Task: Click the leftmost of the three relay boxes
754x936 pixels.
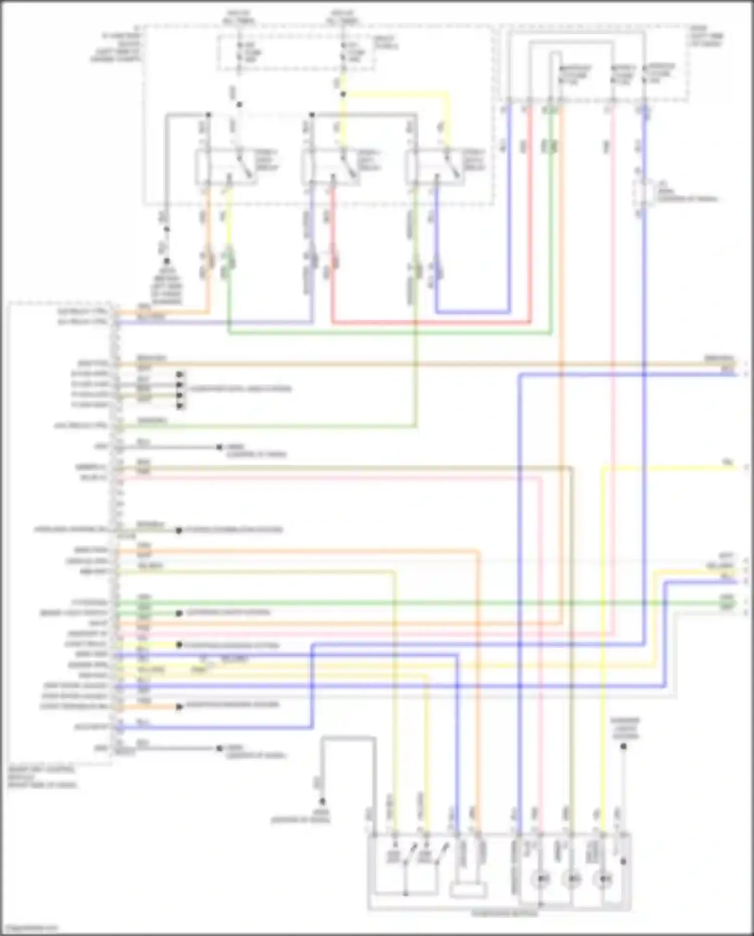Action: [226, 167]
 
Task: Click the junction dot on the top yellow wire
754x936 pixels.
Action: [343, 94]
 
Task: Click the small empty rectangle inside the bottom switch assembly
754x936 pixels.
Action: [468, 890]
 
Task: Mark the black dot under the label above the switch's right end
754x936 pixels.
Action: [623, 746]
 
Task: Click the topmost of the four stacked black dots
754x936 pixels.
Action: [179, 375]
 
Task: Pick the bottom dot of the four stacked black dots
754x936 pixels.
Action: [179, 405]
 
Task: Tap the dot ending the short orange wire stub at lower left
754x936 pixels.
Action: [179, 707]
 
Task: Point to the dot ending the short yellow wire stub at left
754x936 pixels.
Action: [179, 645]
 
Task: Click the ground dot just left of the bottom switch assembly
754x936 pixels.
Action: [322, 802]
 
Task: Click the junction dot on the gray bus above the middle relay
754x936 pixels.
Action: [312, 115]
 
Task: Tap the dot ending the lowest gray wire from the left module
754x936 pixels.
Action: [219, 748]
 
